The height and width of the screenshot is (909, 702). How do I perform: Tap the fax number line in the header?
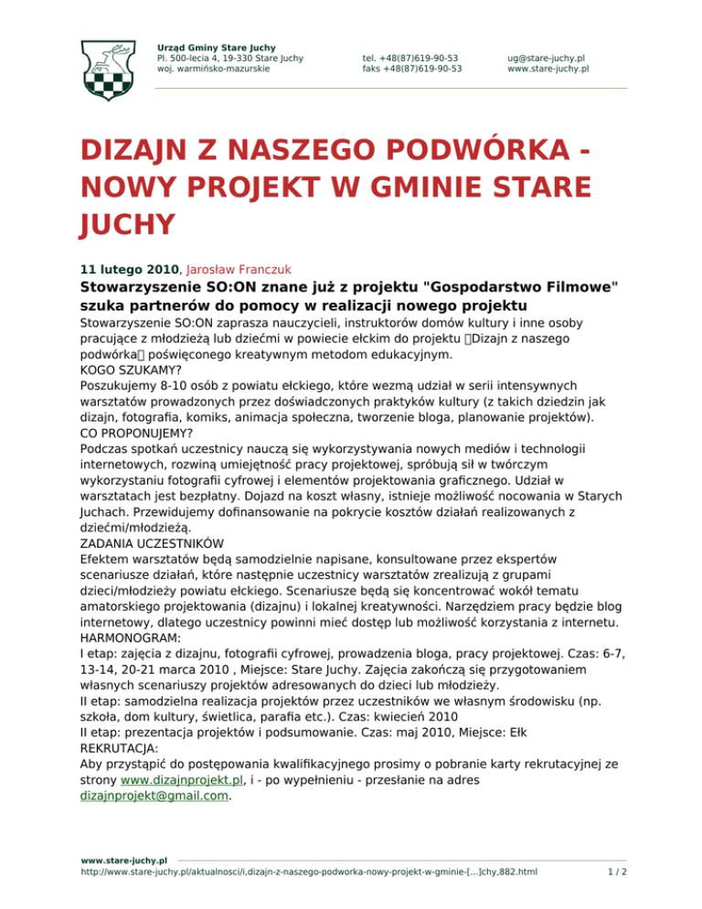point(411,68)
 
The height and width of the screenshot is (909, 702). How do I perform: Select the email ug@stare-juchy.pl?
point(547,57)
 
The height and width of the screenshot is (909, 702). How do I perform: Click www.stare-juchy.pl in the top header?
point(548,68)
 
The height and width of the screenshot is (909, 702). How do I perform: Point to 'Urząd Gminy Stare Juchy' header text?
point(217,47)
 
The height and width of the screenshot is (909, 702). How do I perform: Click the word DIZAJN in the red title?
point(141,150)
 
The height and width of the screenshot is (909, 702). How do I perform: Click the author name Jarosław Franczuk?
point(239,270)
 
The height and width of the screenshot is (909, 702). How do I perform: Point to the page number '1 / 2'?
point(617,872)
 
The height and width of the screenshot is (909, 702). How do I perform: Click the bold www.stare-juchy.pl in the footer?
point(123,861)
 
